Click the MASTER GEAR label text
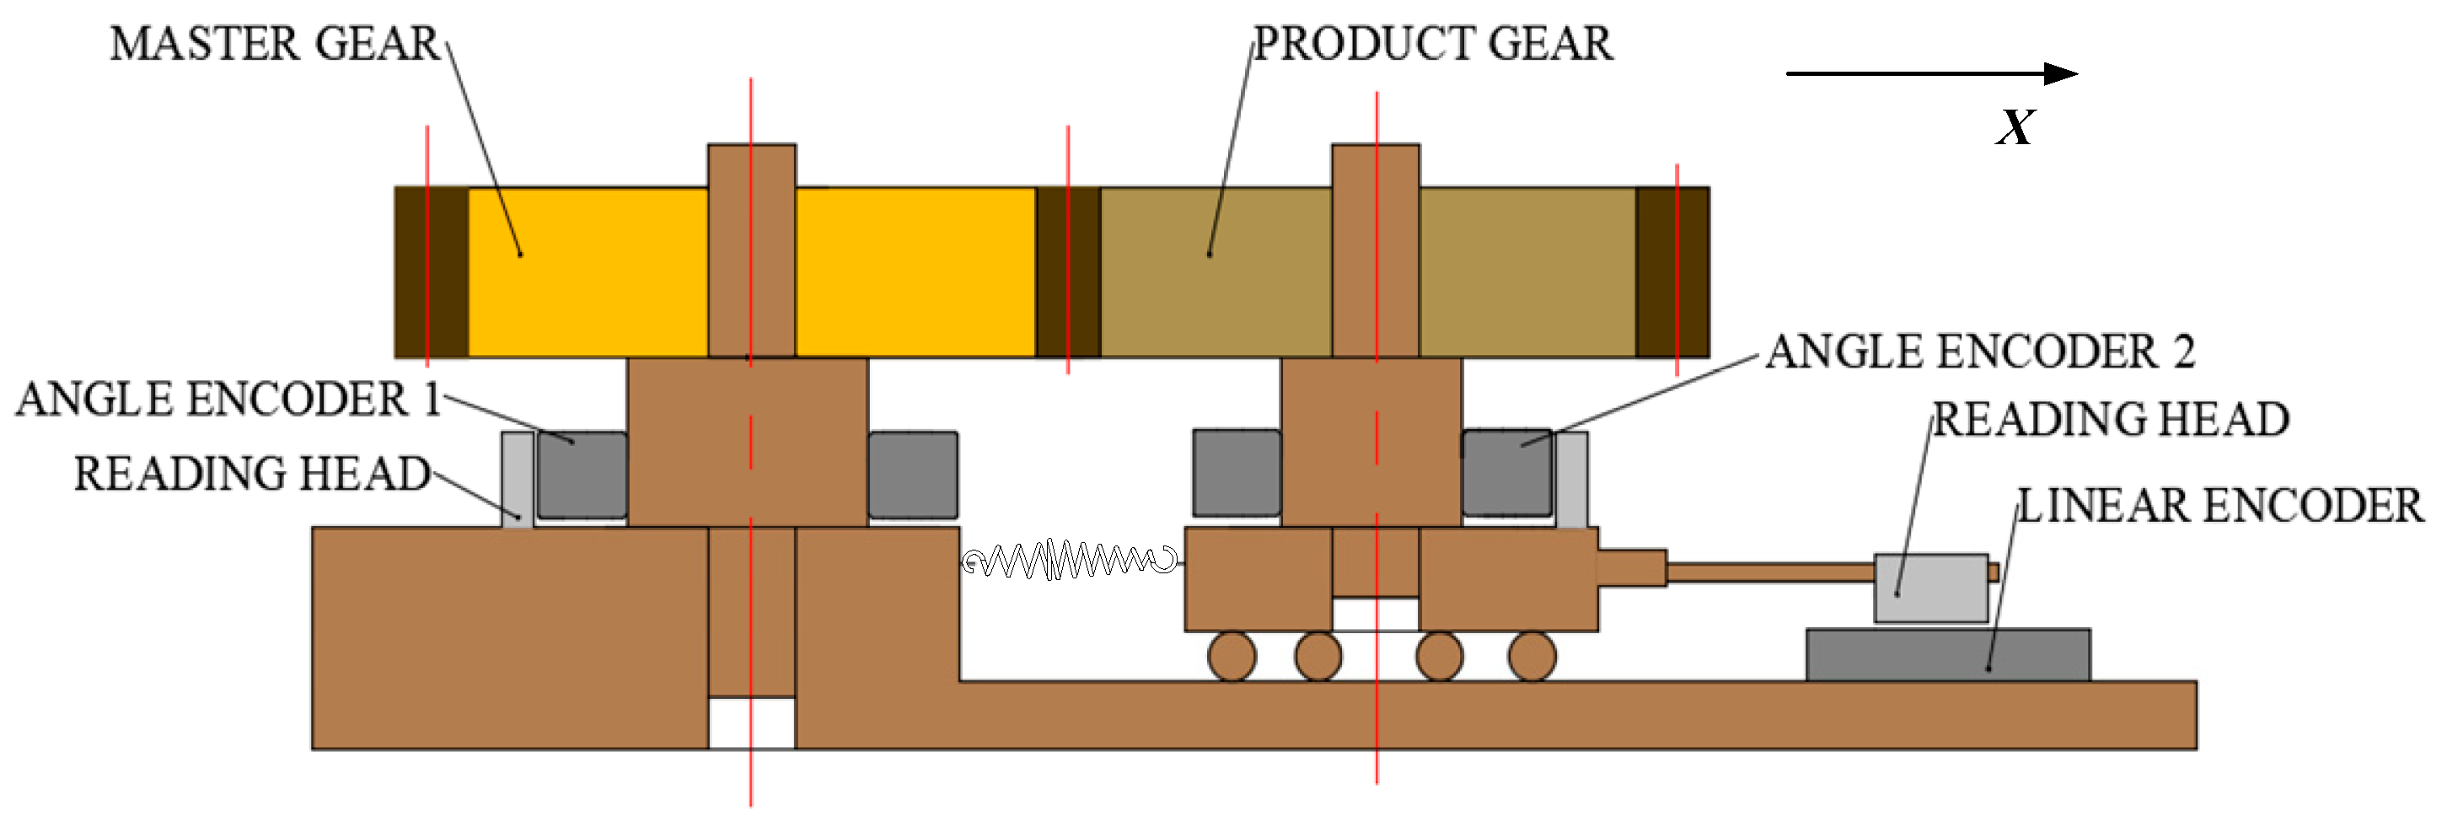pyautogui.click(x=274, y=44)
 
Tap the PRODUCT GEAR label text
pyautogui.click(x=1432, y=44)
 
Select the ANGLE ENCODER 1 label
pyautogui.click(x=228, y=399)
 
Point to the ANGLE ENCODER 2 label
pyautogui.click(x=1979, y=352)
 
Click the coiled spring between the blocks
pyautogui.click(x=1071, y=561)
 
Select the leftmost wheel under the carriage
pyautogui.click(x=1232, y=656)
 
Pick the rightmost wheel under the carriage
pyautogui.click(x=1532, y=656)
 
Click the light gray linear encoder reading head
pyautogui.click(x=1930, y=588)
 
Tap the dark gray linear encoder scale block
pyautogui.click(x=1947, y=655)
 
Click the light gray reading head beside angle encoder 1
pyautogui.click(x=517, y=479)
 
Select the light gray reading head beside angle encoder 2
pyautogui.click(x=1572, y=479)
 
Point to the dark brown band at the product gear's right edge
pyautogui.click(x=1672, y=272)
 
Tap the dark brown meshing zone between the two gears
pyautogui.click(x=1067, y=272)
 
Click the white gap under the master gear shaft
pyautogui.click(x=751, y=723)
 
